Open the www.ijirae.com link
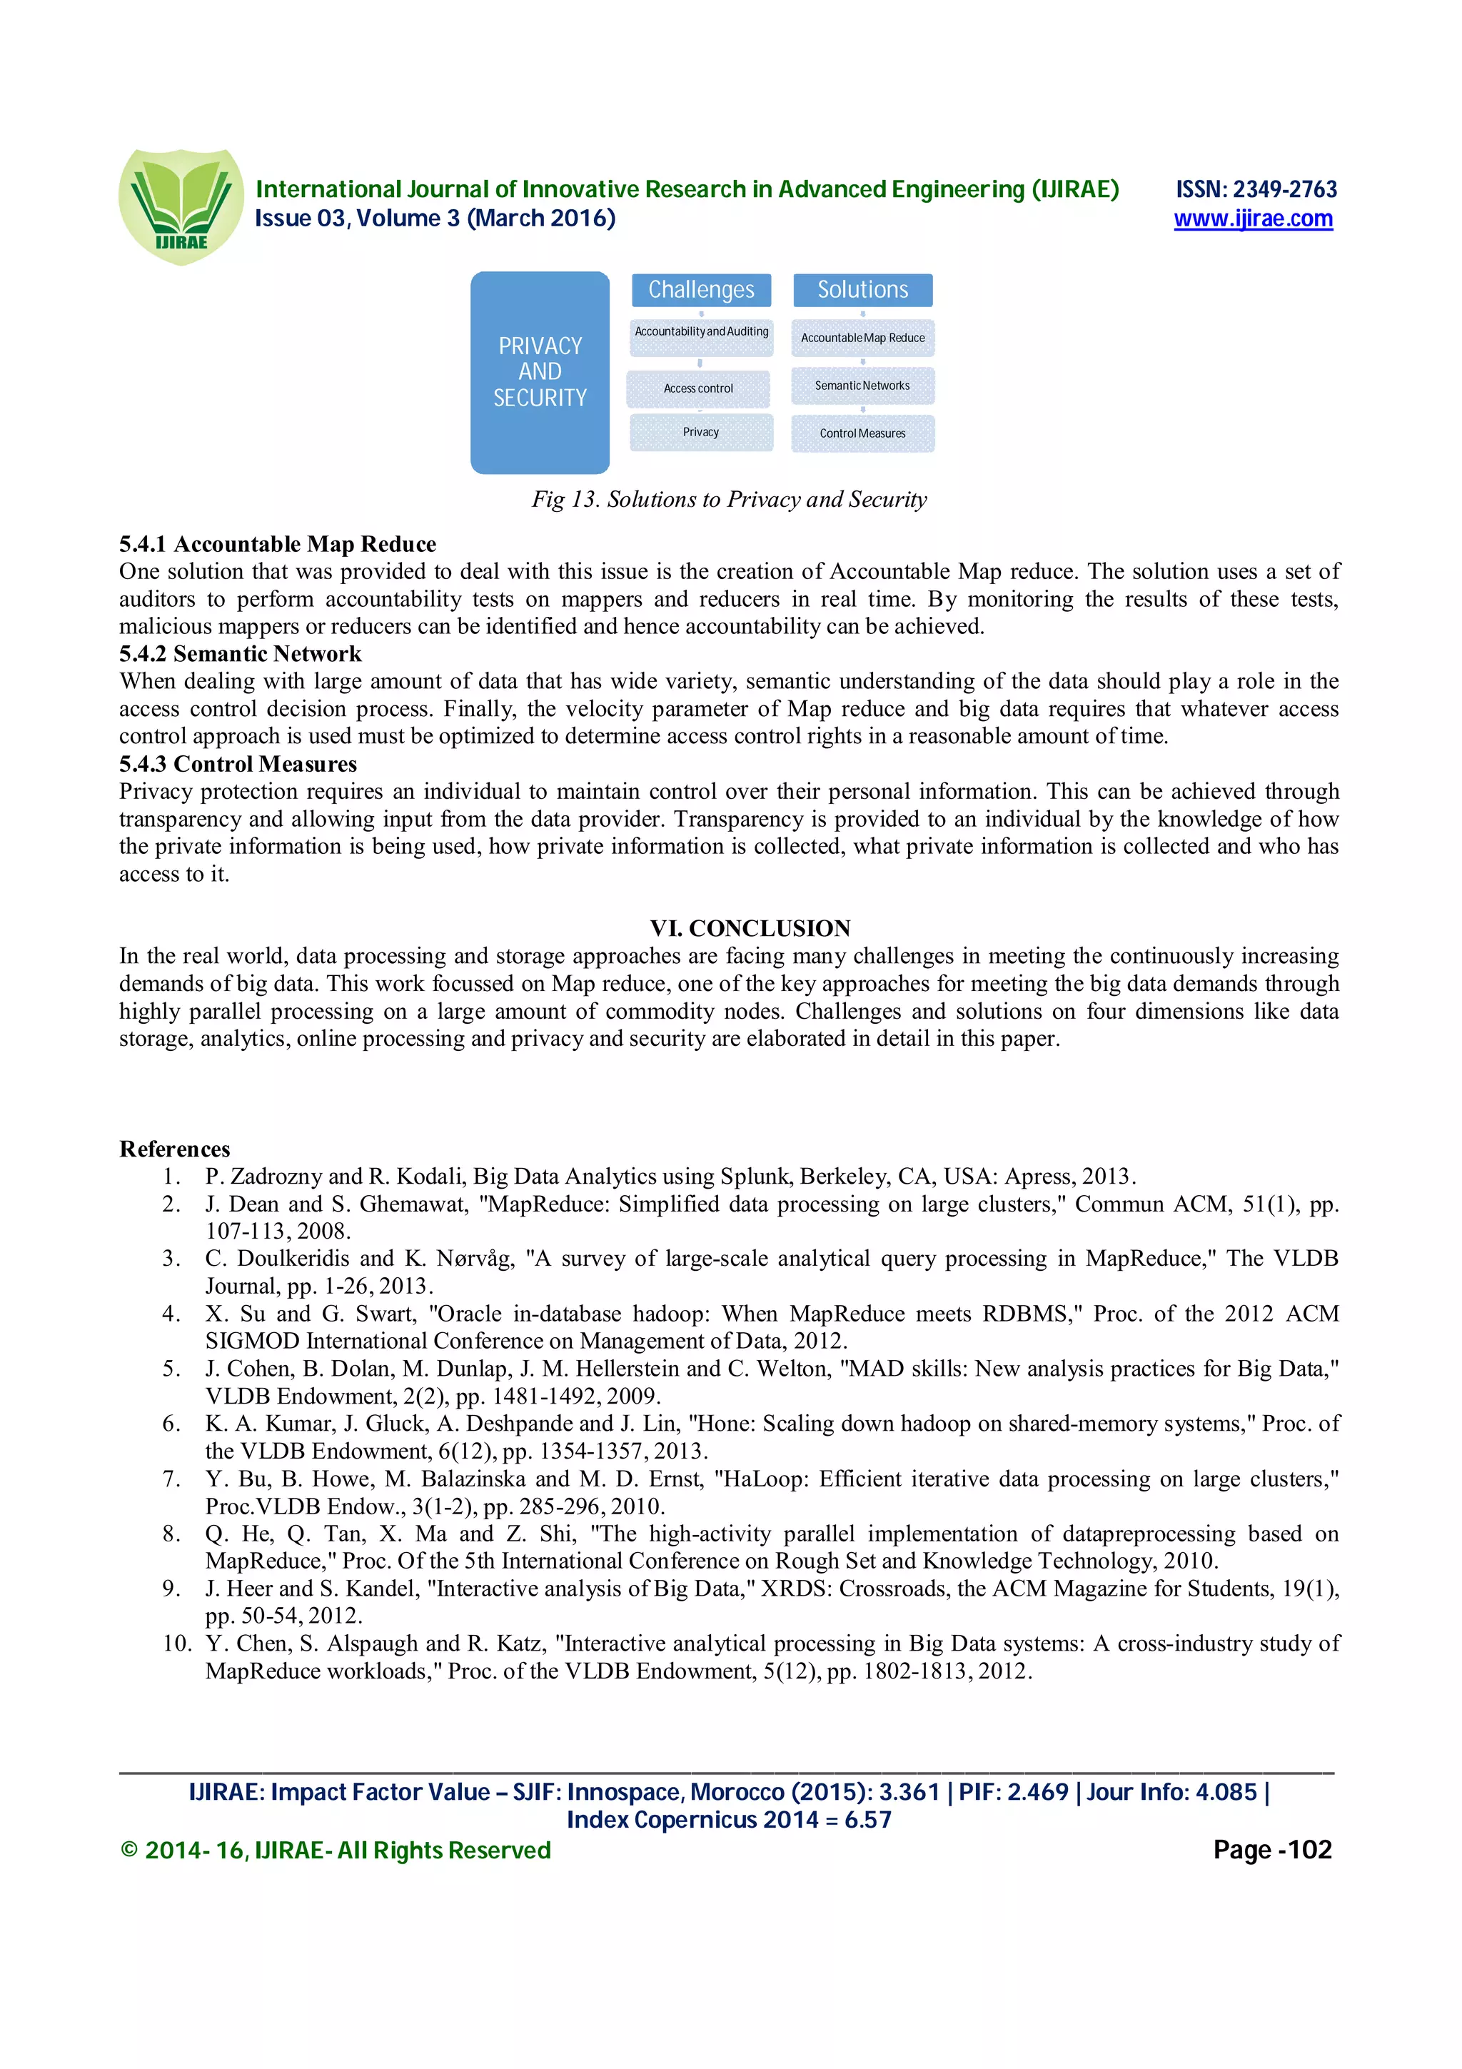[x=1252, y=219]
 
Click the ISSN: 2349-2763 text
[x=1255, y=189]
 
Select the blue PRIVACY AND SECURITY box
[x=540, y=372]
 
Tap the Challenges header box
[x=701, y=290]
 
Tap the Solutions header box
[x=862, y=290]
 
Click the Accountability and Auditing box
[x=701, y=333]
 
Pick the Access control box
[x=698, y=388]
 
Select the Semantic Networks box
[x=862, y=386]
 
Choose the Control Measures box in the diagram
[x=862, y=433]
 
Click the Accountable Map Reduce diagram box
[x=862, y=338]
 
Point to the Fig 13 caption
[x=729, y=499]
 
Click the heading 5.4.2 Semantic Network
[x=240, y=654]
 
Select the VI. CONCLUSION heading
[x=750, y=928]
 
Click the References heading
[x=175, y=1149]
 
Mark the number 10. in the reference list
[x=178, y=1643]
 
